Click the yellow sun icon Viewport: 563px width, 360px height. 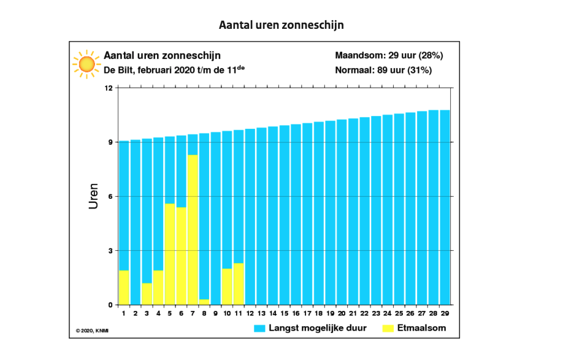pos(86,64)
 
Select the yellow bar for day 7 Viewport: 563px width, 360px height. pos(193,230)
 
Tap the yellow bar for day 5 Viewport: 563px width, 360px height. pos(170,254)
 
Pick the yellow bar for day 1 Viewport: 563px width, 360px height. pos(124,287)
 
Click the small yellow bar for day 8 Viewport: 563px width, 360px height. pos(204,302)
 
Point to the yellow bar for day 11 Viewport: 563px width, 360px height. pos(239,284)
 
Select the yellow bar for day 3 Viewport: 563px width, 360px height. pos(147,294)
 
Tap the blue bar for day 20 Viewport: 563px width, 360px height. pos(342,212)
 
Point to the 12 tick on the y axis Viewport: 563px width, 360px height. pos(109,88)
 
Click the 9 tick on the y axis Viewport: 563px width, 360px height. pos(109,142)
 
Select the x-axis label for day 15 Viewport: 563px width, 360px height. pos(285,313)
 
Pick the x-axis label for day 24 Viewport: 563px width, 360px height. pos(388,313)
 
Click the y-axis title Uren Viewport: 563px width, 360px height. pos(93,196)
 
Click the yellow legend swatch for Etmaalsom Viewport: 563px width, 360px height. pos(389,328)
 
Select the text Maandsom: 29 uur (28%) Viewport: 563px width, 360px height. pos(389,55)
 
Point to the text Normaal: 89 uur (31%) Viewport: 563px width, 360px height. pos(383,70)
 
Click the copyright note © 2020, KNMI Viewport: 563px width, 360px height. pos(96,331)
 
